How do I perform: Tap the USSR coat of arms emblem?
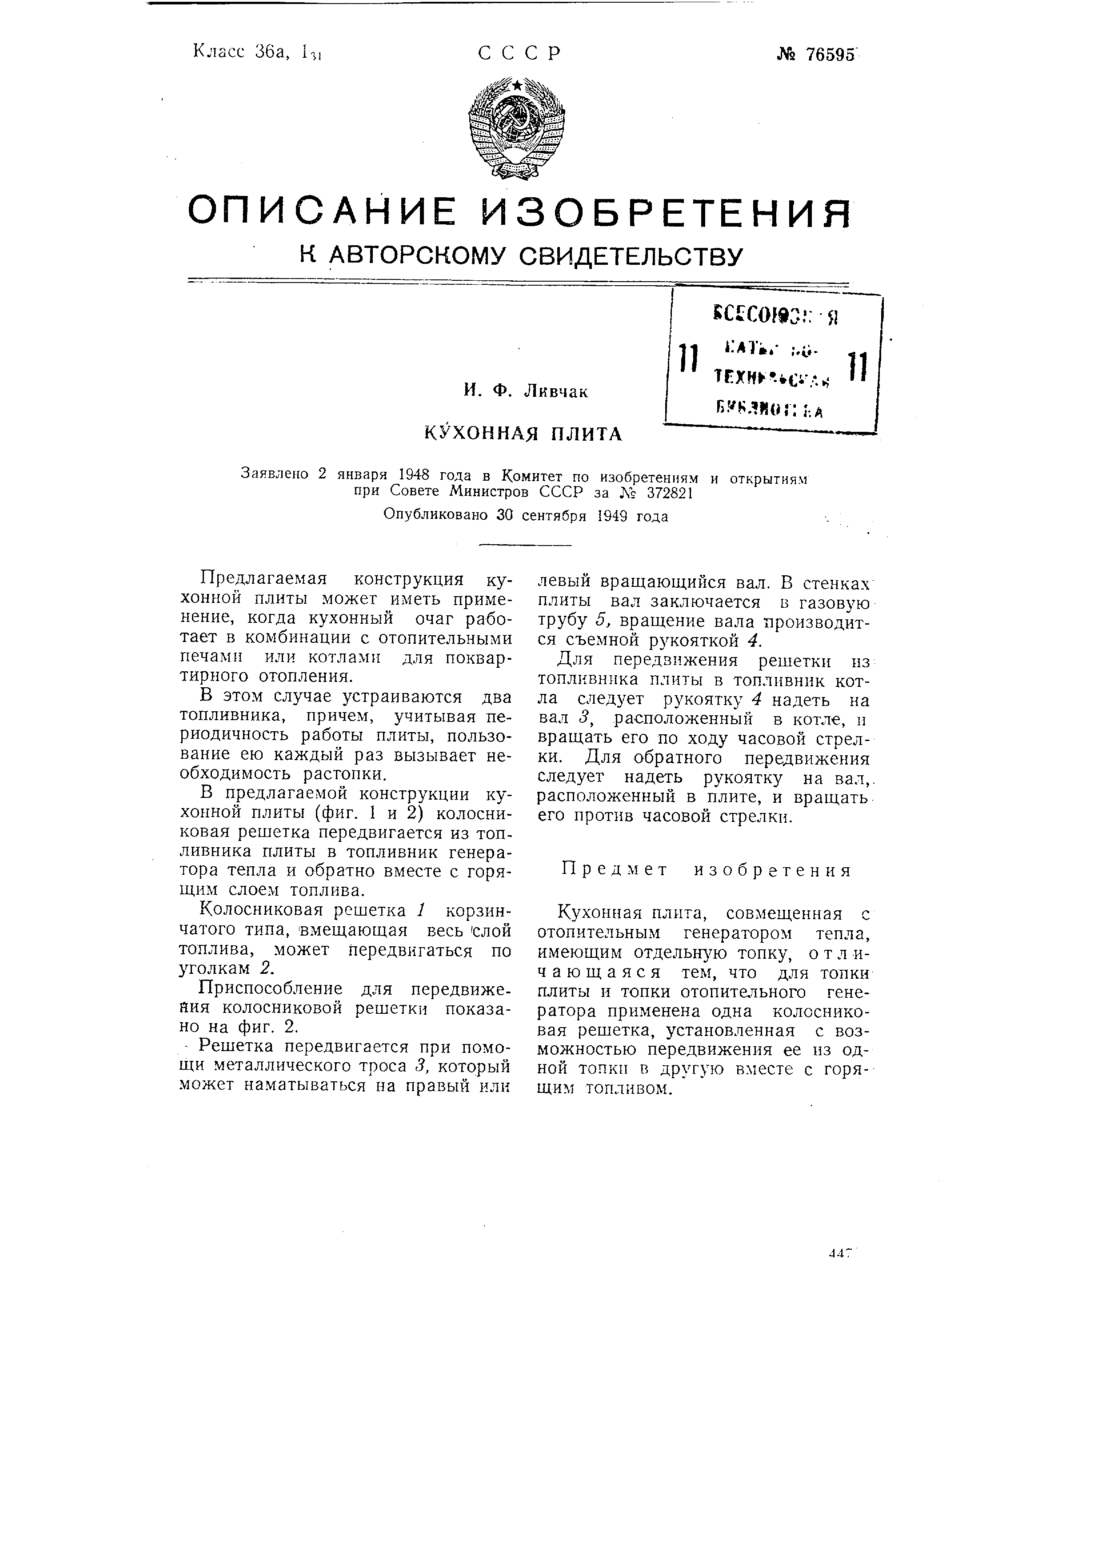[517, 129]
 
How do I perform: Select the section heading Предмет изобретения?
[706, 871]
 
